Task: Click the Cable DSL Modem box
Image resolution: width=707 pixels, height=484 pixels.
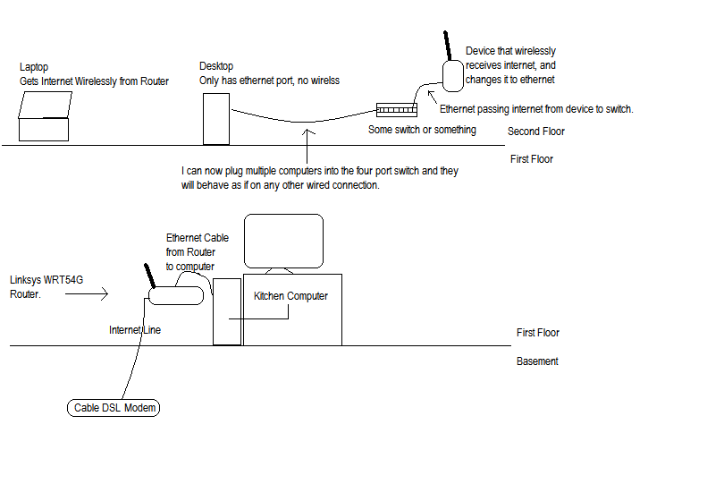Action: (x=114, y=408)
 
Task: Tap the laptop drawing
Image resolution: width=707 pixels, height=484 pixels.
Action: (x=45, y=116)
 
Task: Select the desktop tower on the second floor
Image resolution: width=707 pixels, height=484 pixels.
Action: (x=216, y=119)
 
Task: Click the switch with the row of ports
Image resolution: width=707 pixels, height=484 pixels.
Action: (x=397, y=110)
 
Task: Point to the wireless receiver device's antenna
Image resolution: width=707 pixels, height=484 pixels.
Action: (x=448, y=45)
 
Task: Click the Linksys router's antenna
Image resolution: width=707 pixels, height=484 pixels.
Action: (x=149, y=276)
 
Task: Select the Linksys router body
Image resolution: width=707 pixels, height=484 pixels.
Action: (x=176, y=295)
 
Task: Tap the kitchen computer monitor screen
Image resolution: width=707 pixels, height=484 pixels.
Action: (x=283, y=241)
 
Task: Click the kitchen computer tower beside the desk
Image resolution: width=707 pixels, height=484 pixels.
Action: (x=227, y=311)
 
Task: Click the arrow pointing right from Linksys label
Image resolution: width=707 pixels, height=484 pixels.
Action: (x=87, y=294)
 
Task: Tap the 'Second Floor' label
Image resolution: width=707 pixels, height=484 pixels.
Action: (x=536, y=132)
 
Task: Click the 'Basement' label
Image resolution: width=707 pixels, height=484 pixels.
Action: (x=537, y=361)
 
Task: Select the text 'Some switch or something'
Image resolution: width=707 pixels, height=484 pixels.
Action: (x=422, y=130)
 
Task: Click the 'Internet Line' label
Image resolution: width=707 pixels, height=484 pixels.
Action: (x=135, y=330)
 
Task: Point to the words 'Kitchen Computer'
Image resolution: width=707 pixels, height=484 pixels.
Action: (x=290, y=296)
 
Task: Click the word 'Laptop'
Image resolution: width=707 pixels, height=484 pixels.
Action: (x=34, y=67)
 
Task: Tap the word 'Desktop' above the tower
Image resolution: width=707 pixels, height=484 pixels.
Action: (x=216, y=66)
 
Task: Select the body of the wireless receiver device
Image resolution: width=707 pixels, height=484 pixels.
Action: (x=453, y=76)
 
